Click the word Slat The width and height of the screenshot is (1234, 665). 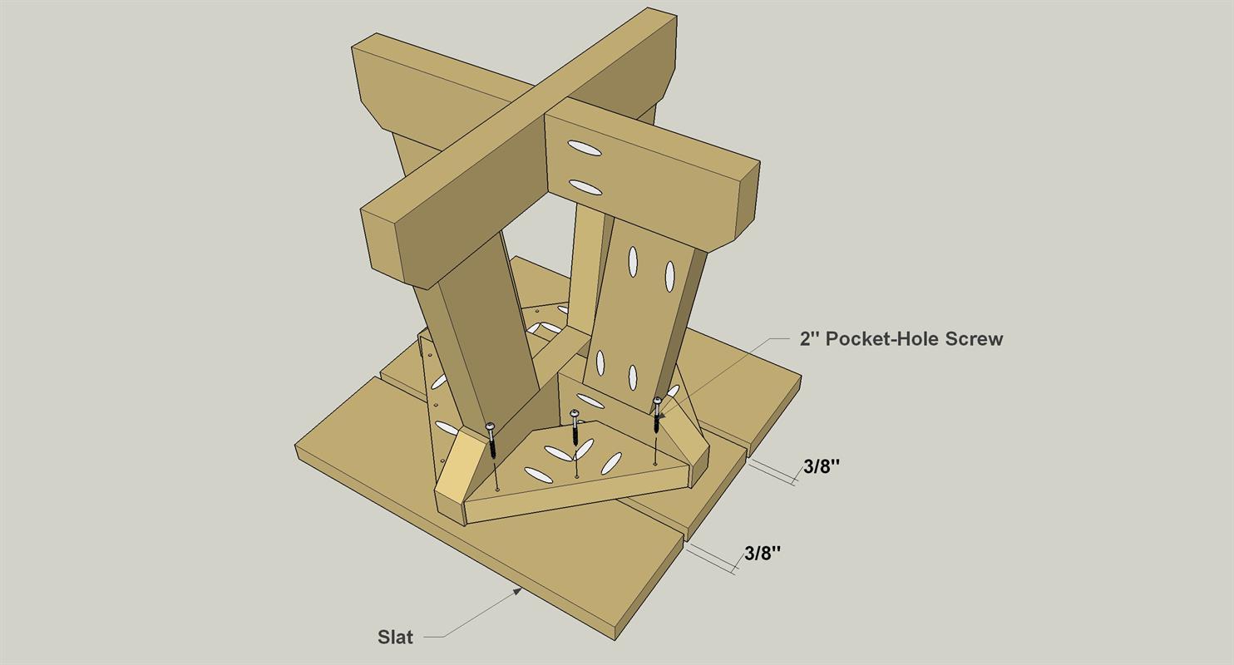pyautogui.click(x=395, y=637)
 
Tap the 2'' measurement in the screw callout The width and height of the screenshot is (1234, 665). pyautogui.click(x=810, y=338)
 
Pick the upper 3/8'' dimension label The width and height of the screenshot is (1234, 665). pyautogui.click(x=821, y=466)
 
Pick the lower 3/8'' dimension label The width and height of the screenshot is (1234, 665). pyautogui.click(x=763, y=553)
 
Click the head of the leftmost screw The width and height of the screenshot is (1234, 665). pyautogui.click(x=491, y=426)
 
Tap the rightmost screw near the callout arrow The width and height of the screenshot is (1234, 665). pyautogui.click(x=657, y=415)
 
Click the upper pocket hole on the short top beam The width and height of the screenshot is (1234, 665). pyautogui.click(x=585, y=148)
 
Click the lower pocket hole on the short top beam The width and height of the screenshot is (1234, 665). pyautogui.click(x=585, y=187)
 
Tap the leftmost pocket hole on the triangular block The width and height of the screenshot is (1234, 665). pyautogui.click(x=539, y=475)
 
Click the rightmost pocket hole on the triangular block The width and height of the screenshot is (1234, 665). pyautogui.click(x=611, y=464)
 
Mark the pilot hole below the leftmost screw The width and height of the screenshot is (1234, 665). pyautogui.click(x=498, y=488)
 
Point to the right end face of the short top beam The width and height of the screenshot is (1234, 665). pyautogui.click(x=747, y=204)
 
